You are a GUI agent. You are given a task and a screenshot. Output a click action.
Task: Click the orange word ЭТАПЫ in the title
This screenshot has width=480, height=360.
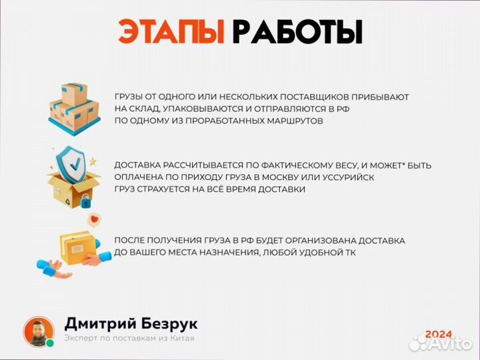(x=172, y=31)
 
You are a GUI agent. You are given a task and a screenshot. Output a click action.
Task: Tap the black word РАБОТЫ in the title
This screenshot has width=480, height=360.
(x=297, y=31)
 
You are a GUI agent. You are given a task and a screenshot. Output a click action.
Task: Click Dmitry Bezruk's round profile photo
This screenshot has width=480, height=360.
(x=39, y=331)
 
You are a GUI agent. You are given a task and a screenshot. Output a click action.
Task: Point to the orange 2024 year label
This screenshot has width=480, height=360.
(x=439, y=334)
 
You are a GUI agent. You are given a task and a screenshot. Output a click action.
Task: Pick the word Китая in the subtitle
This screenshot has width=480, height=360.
(x=180, y=339)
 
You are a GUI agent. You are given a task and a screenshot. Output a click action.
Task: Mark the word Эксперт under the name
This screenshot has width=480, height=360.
(x=82, y=339)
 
